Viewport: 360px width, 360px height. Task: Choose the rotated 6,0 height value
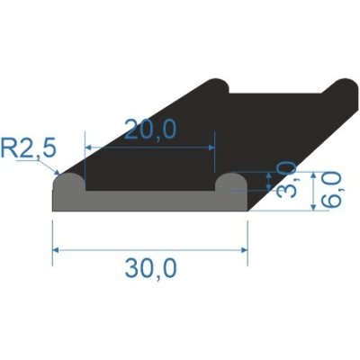330,191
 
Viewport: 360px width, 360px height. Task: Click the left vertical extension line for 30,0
52,238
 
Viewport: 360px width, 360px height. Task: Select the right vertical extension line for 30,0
247,238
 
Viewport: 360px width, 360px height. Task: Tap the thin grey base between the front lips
149,202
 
